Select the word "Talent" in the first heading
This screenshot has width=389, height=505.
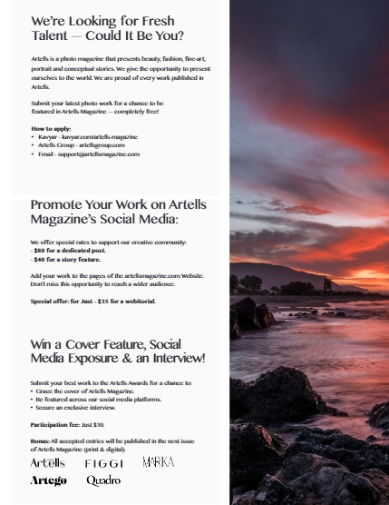(52, 36)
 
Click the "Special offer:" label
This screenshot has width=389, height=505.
(51, 301)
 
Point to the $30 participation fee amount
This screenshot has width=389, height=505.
(98, 424)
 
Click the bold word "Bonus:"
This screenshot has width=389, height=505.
(40, 441)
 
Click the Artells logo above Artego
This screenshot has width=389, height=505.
(48, 463)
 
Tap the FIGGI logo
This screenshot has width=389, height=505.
(103, 463)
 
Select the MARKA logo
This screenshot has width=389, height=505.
(158, 463)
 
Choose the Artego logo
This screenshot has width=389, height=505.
(48, 480)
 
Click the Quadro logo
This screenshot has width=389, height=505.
(103, 480)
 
